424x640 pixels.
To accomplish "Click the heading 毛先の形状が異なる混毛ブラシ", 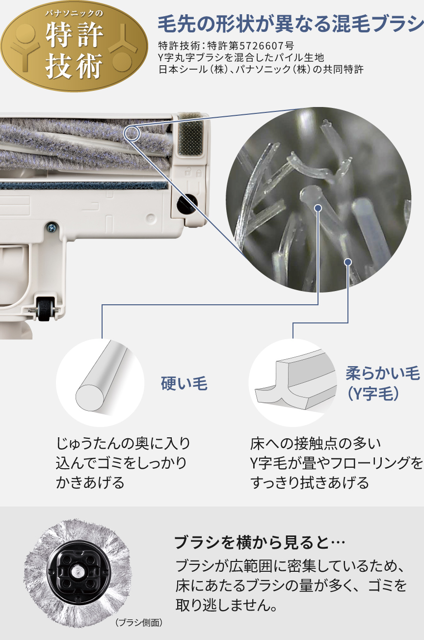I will [x=290, y=23].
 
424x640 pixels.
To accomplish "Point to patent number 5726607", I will [x=265, y=47].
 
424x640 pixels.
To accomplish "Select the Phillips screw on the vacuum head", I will [x=50, y=226].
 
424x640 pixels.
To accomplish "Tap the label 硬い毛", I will [x=184, y=383].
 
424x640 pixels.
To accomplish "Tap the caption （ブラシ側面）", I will [x=139, y=623].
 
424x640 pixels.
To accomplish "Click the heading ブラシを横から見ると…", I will [x=260, y=543].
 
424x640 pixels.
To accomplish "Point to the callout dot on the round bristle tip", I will [x=318, y=208].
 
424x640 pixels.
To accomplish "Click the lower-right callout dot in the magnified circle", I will [x=348, y=262].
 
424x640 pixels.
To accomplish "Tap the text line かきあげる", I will [x=90, y=482].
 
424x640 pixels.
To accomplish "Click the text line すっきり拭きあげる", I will [x=309, y=482].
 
